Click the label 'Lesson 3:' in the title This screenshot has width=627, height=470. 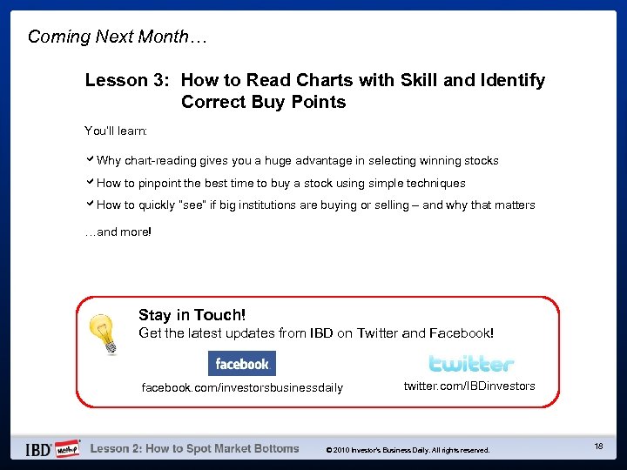pos(128,80)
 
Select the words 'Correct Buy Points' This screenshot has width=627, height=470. pos(263,102)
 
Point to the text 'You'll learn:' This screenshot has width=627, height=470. pos(116,131)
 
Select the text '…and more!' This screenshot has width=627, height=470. pos(118,232)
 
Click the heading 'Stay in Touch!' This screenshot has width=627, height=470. pos(192,315)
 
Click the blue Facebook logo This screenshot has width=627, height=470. pos(241,364)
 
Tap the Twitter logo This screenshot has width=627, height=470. pos(471,364)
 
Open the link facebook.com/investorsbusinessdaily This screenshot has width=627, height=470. pos(242,387)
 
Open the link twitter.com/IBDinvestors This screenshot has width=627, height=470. pos(469,386)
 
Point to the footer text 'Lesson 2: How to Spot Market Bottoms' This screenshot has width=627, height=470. pos(194,449)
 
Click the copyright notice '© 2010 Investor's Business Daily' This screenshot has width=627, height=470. pos(408,450)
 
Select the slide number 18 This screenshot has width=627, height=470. pos(598,446)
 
